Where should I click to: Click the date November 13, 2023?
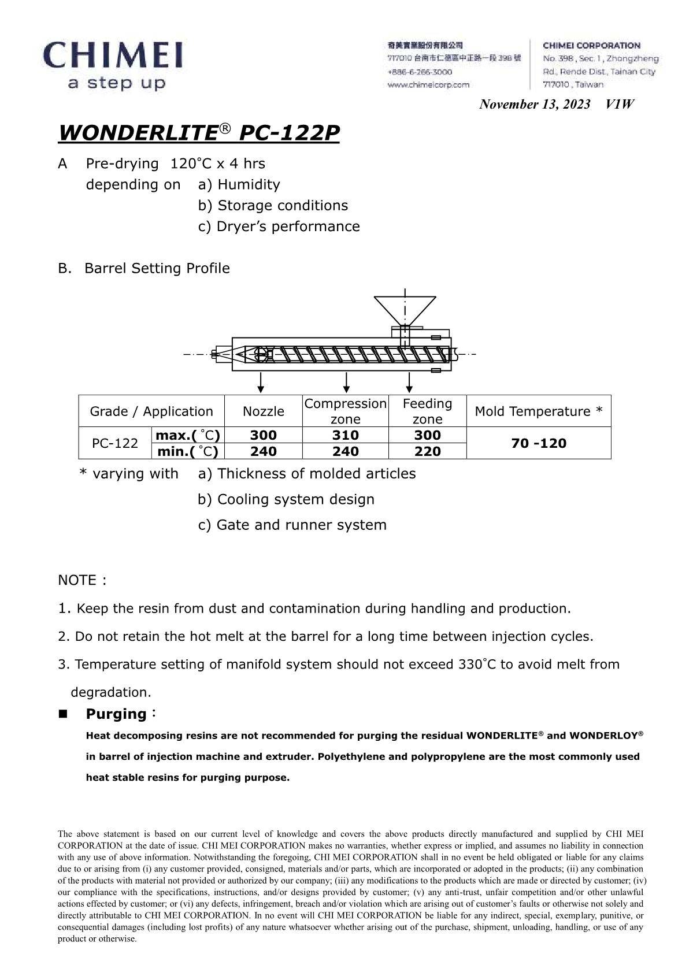(x=535, y=104)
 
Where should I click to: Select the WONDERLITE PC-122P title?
(x=199, y=133)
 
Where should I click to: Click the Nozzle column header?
(x=264, y=411)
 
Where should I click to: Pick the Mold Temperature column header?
(x=538, y=411)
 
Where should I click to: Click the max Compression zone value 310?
(x=346, y=435)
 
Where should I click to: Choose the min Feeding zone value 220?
(x=428, y=451)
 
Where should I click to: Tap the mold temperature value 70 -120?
(x=538, y=443)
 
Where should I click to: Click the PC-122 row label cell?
(x=115, y=443)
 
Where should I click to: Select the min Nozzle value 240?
(x=264, y=451)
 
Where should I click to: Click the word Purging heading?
(x=116, y=714)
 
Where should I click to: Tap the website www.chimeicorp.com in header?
(x=428, y=85)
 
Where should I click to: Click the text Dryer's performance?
(x=287, y=227)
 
